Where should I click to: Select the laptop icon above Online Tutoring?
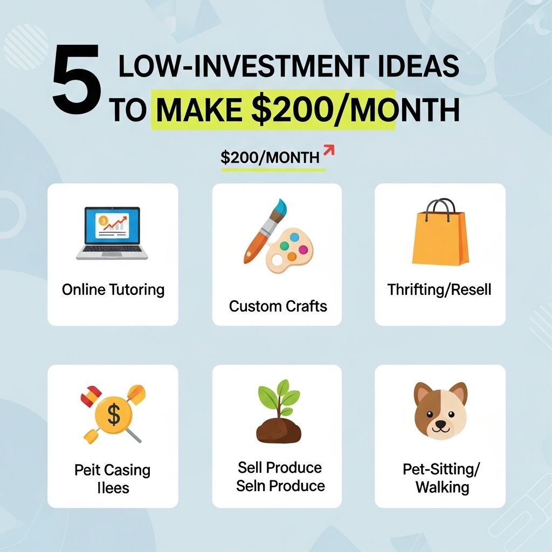click(x=112, y=233)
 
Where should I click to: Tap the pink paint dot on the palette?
click(x=303, y=250)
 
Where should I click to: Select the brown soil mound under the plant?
click(x=279, y=431)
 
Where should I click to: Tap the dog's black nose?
click(x=440, y=421)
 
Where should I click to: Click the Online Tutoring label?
click(x=113, y=289)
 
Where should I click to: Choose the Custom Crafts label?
click(x=278, y=306)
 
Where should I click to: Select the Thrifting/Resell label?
click(x=439, y=289)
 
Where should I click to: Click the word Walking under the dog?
click(x=442, y=487)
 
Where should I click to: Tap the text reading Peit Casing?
click(x=112, y=470)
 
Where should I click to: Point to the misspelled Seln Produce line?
click(x=280, y=486)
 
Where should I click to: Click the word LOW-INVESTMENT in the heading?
click(x=243, y=66)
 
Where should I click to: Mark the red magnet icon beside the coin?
click(x=91, y=394)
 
